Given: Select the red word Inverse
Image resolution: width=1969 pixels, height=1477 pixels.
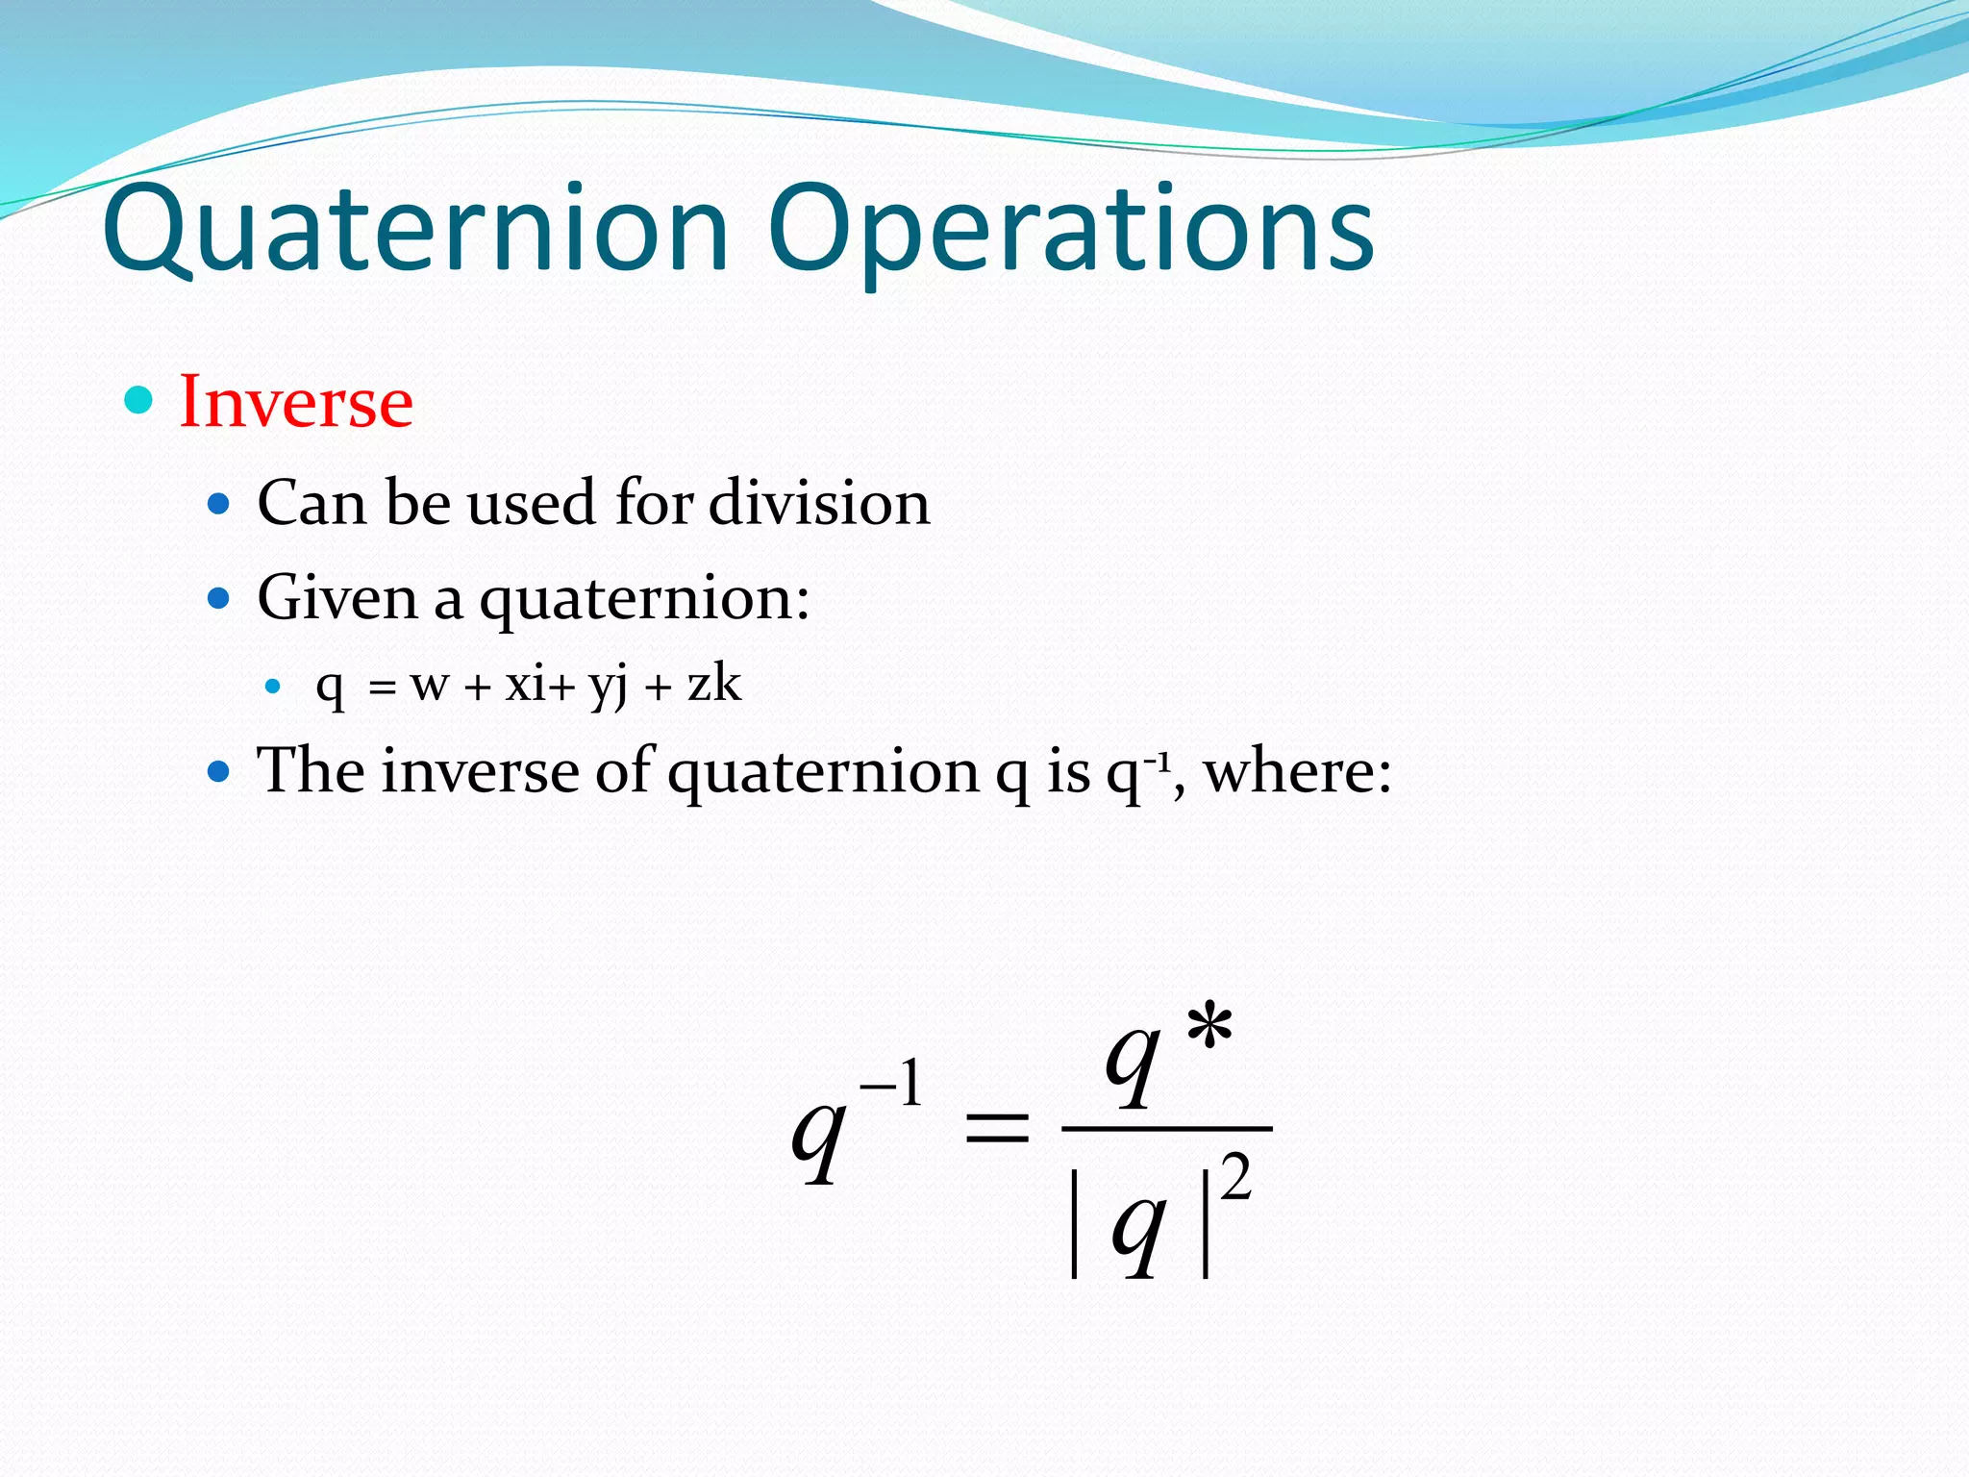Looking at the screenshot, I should coord(296,401).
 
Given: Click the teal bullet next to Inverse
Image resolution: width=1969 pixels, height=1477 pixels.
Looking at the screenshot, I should coord(139,400).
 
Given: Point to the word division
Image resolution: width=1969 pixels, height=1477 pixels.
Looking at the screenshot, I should coord(819,502).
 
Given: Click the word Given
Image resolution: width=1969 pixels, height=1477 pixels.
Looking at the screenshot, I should coord(337,598).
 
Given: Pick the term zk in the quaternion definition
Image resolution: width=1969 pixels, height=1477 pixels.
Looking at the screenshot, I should coord(714,684).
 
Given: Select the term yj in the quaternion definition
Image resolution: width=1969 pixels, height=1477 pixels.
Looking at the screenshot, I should coord(608,686).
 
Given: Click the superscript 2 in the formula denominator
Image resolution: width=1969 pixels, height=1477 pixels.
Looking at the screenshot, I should coord(1236,1177).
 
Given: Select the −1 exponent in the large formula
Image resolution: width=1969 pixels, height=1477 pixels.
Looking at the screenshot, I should coord(891,1085).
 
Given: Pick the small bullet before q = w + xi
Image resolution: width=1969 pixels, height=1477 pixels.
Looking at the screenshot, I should coord(273,686).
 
